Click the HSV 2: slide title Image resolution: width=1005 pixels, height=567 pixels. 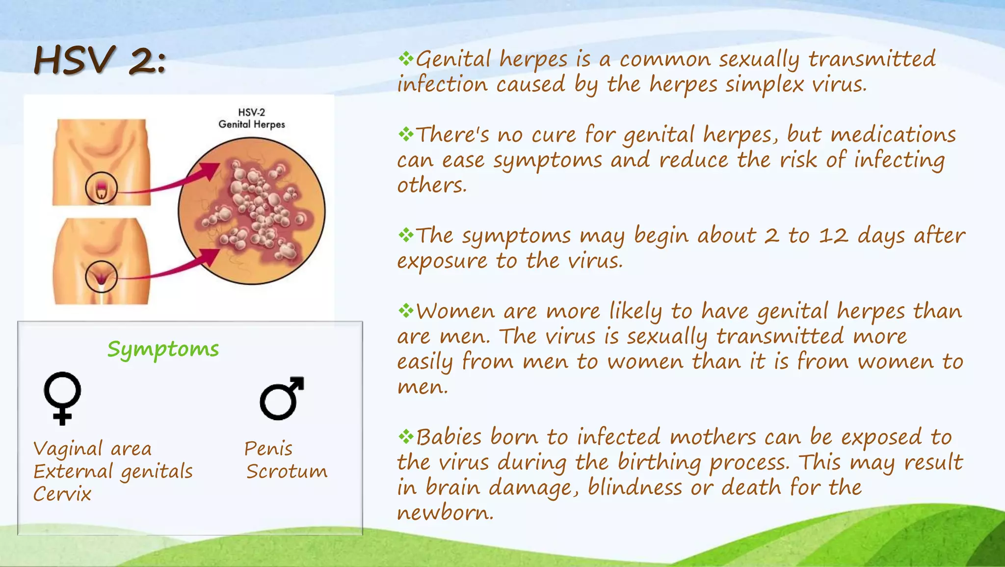pos(100,61)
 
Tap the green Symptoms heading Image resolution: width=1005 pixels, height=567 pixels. pos(163,350)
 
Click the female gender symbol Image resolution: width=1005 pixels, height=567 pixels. pos(62,397)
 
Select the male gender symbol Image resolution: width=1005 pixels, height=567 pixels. pos(282,398)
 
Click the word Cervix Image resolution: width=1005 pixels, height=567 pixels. pos(62,494)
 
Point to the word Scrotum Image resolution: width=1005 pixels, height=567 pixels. pos(287,472)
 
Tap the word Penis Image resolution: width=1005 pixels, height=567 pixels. pos(268,449)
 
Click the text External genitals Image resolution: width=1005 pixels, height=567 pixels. pos(113,472)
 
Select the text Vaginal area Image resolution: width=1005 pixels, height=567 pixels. pos(92,449)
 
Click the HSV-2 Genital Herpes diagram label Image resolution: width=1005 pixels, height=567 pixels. pos(251,118)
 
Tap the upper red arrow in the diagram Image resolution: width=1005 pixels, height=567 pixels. pos(172,182)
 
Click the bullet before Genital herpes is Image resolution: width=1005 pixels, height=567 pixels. pos(406,59)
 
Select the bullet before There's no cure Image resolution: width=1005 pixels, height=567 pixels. pos(406,134)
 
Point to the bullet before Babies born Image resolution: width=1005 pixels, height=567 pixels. pos(406,436)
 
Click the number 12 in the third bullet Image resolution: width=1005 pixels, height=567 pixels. pos(833,236)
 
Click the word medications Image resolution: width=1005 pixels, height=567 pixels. pos(893,135)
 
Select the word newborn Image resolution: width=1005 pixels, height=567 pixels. pos(445,513)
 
